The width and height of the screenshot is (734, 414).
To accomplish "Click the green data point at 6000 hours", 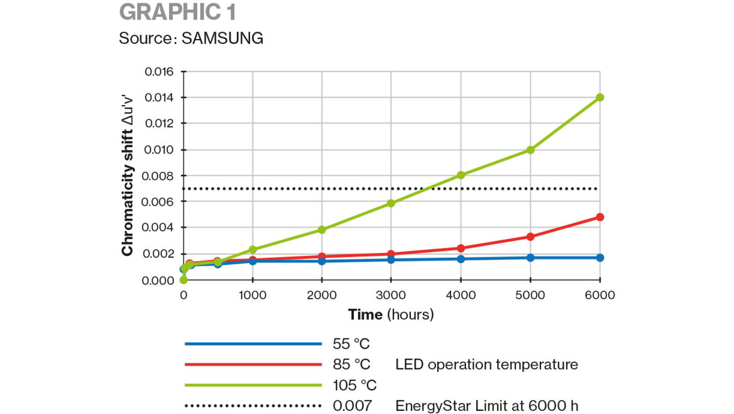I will pos(600,98).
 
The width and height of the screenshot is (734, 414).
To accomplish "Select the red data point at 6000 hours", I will pos(600,217).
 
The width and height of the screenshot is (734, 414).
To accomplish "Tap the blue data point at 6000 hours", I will pos(600,257).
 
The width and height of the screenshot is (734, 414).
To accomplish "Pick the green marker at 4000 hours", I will pos(461,175).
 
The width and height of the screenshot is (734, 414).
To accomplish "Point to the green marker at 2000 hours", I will pos(322,230).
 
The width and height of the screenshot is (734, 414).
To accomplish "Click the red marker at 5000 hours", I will pos(530,237).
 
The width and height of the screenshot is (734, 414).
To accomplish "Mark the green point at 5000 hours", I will pos(530,150).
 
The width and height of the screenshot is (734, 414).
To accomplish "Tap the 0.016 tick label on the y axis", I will pos(158,71).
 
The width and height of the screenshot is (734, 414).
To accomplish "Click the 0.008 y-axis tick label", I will pos(158,176).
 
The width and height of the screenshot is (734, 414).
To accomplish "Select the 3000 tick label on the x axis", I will pos(391,295).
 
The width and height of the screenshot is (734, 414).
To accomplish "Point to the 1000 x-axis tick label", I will pos(253,295).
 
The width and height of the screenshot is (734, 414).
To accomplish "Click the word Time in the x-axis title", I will pos(365,314).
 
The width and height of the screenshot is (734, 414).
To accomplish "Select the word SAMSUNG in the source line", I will pos(222,38).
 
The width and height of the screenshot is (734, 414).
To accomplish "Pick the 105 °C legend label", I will pos(354,384).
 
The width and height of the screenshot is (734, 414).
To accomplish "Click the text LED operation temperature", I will pos(486,364).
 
